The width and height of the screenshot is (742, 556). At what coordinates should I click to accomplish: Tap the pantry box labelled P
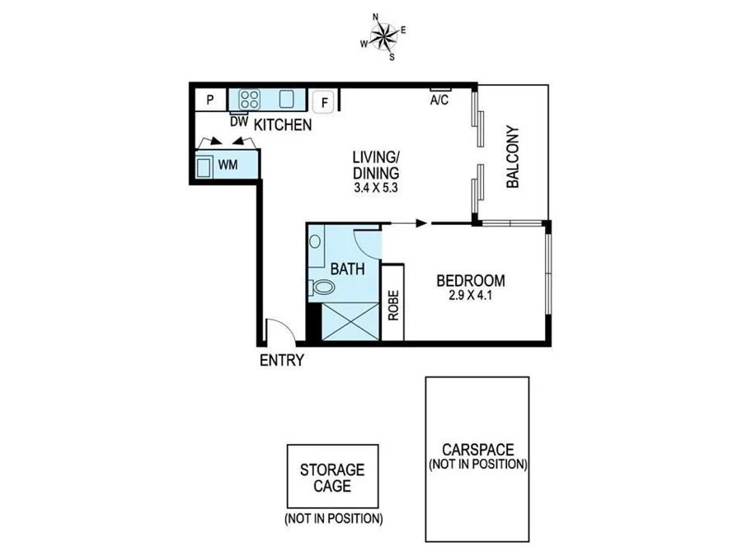210,100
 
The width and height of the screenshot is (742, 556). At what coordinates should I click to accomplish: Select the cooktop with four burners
249,100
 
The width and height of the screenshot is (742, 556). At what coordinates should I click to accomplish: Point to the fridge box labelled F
325,103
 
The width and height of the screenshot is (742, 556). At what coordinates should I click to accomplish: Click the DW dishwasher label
239,122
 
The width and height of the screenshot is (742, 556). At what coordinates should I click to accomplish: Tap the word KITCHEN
282,125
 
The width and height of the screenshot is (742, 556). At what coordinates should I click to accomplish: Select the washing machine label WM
228,165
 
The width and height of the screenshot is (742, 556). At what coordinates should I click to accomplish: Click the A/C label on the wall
439,100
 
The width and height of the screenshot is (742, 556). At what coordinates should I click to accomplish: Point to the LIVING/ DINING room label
376,165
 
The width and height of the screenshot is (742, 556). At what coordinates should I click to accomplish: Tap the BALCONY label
512,157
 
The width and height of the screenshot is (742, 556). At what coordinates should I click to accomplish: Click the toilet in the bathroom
323,287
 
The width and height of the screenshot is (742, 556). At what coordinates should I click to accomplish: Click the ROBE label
393,306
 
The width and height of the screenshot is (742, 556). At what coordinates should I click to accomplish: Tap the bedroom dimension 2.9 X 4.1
470,297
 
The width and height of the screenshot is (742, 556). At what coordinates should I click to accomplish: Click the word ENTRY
282,360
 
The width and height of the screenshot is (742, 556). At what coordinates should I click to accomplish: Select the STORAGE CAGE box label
332,478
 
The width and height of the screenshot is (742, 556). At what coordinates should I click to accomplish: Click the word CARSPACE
477,450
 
